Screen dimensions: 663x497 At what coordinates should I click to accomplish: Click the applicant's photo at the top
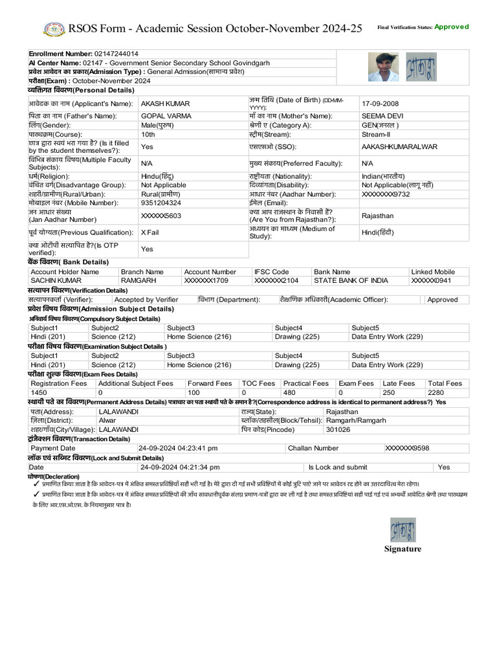click(383, 67)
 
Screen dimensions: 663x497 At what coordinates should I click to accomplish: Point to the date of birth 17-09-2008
click(381, 104)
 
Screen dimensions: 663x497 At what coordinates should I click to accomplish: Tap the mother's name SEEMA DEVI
click(382, 116)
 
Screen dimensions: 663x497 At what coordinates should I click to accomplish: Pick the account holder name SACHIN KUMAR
click(56, 281)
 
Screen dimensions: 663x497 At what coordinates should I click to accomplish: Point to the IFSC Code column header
click(272, 272)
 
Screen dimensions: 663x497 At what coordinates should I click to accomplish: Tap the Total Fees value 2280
click(436, 392)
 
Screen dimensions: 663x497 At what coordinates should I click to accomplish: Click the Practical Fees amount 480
click(289, 392)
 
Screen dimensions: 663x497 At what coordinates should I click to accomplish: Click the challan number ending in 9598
click(407, 448)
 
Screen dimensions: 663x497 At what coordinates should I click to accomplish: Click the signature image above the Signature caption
click(403, 530)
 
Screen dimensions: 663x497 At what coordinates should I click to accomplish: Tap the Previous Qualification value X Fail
click(150, 232)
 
